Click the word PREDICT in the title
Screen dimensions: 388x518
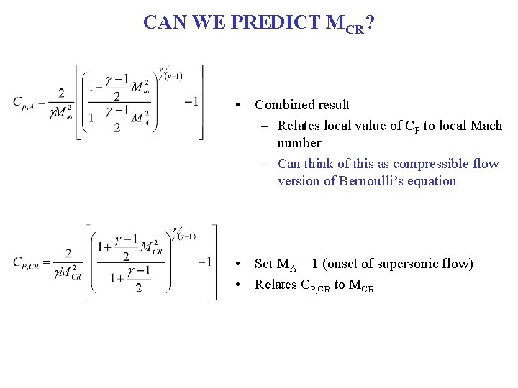[x=276, y=22]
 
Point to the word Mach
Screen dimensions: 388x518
[x=486, y=126]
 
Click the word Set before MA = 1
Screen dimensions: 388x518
[x=264, y=264]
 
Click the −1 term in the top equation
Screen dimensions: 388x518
[x=191, y=101]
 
